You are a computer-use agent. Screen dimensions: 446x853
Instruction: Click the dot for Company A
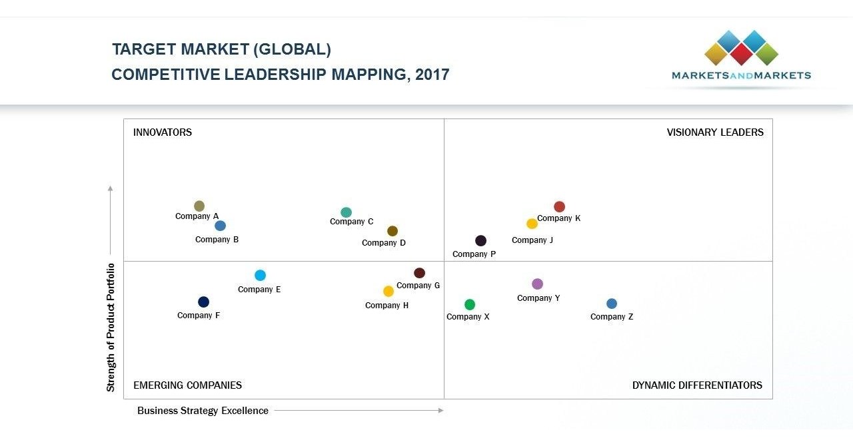coord(199,206)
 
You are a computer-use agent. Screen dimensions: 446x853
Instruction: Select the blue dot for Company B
coord(220,226)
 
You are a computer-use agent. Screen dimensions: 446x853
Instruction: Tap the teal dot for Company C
coord(346,212)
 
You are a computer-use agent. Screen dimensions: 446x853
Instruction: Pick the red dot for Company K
coord(559,207)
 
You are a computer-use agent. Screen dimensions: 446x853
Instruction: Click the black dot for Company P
coord(480,241)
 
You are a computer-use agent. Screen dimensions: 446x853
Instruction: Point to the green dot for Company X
coord(470,305)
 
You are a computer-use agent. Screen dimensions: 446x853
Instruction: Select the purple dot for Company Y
coord(537,284)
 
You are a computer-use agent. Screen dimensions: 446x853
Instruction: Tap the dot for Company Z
coord(612,304)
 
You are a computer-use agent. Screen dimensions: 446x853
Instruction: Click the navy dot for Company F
coord(203,302)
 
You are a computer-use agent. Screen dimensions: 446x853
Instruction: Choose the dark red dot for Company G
coord(419,273)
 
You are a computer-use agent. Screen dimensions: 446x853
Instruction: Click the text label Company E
coord(259,290)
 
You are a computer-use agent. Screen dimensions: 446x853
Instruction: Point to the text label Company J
coord(532,240)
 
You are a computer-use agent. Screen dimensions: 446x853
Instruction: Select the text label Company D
coord(384,243)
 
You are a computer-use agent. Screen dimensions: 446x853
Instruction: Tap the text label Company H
coord(387,306)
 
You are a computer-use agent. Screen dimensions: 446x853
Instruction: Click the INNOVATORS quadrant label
coord(163,132)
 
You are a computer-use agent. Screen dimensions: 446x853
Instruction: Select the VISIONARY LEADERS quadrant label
coord(715,132)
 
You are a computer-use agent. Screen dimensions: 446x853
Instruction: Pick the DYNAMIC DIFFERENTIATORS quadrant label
coord(697,385)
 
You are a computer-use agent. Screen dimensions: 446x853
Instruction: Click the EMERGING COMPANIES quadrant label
coord(187,385)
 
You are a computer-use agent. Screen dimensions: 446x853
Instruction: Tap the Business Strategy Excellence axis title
coord(203,411)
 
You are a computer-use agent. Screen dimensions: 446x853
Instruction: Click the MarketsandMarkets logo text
coord(741,76)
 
